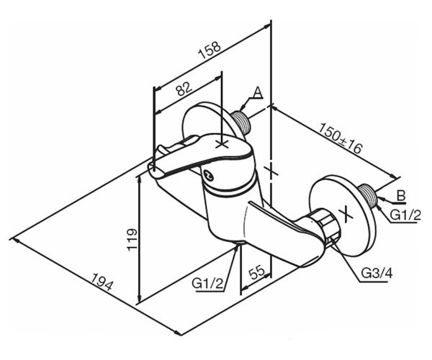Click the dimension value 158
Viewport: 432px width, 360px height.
pos(210,51)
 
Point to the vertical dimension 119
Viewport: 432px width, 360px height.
pos(132,240)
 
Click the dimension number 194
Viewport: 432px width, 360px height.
pos(102,282)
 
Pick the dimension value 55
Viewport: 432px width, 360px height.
pos(257,272)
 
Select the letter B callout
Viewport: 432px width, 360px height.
pos(401,195)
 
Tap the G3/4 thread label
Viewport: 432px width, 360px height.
pos(377,274)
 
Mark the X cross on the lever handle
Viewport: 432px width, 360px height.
pos(222,144)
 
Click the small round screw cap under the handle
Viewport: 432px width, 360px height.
pos(208,174)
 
